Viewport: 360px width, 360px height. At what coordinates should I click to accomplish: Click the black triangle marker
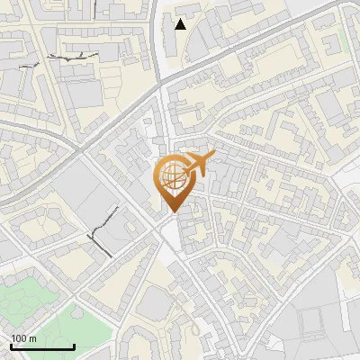[181, 23]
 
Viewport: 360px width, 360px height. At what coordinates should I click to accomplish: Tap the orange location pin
[174, 182]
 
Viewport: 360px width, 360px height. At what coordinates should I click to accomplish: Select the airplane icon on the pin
[194, 165]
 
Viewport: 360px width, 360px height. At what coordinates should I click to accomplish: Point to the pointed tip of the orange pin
[173, 211]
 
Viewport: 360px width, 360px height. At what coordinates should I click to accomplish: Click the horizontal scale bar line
[41, 346]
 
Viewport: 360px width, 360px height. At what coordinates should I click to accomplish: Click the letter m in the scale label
[32, 338]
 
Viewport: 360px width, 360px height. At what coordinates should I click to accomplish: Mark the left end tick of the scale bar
[10, 345]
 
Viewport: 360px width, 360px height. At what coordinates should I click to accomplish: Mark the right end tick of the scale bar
[74, 345]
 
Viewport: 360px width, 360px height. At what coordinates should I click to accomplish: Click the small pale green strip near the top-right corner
[343, 43]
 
